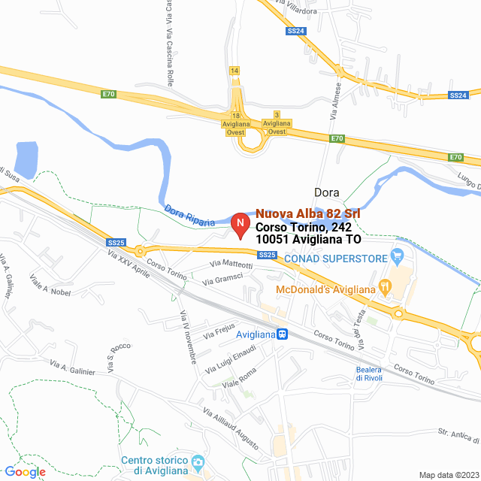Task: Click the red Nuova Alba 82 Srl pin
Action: click(x=240, y=224)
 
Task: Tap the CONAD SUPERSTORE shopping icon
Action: click(x=398, y=258)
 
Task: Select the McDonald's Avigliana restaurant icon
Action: click(x=385, y=286)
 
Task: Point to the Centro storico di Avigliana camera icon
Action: click(x=198, y=461)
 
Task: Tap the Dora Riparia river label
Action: click(x=189, y=216)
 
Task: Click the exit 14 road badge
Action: click(x=235, y=70)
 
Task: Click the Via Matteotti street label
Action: click(x=231, y=264)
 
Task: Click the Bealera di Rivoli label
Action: click(x=370, y=374)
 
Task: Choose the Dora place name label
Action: click(x=326, y=192)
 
